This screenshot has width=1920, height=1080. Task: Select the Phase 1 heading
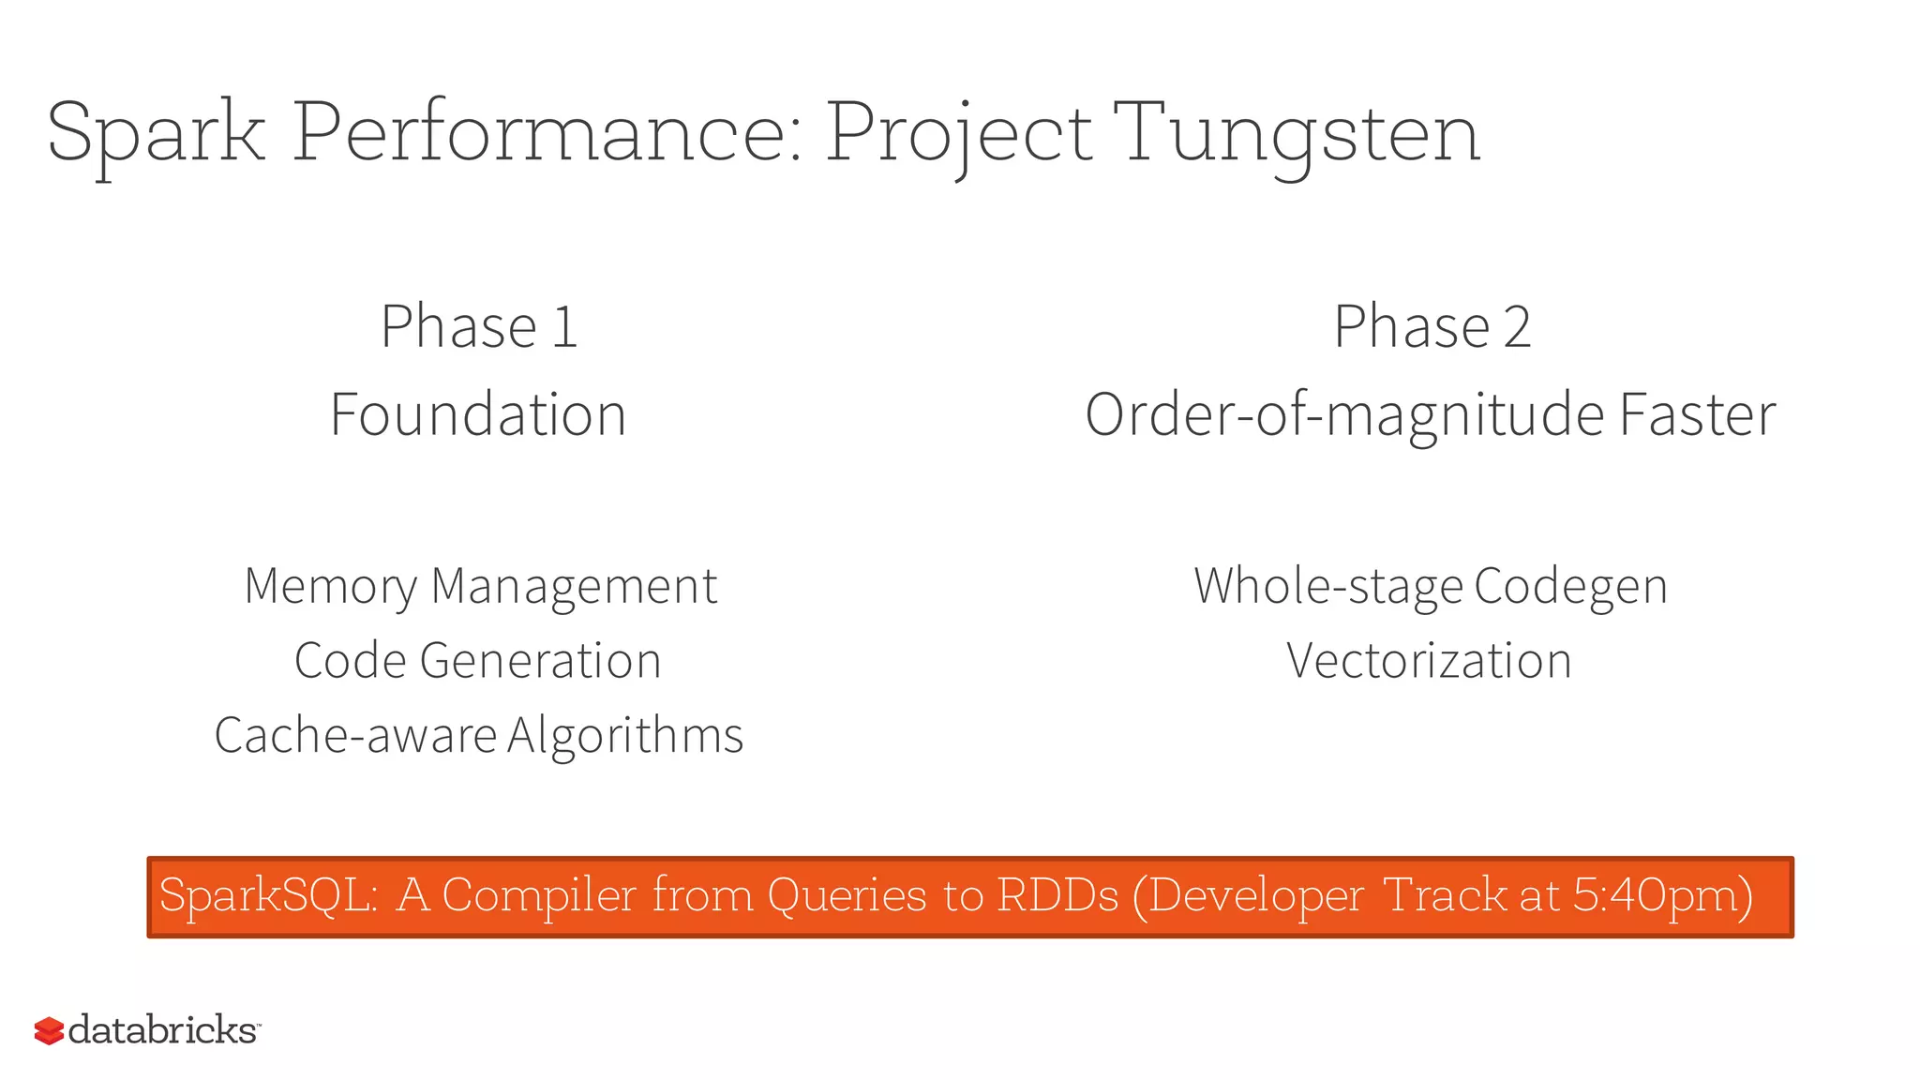point(479,326)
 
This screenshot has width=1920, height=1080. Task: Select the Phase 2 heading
point(1432,326)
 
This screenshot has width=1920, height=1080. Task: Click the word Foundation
point(478,414)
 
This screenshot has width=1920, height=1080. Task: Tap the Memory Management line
point(480,587)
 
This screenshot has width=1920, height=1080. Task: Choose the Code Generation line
point(478,661)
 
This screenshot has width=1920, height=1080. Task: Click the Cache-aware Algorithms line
point(478,735)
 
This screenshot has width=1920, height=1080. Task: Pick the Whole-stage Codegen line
point(1431,587)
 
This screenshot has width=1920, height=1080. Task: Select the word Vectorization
point(1429,661)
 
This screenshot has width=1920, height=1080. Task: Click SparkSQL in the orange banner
point(268,894)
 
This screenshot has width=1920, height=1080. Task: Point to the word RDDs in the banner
point(1057,894)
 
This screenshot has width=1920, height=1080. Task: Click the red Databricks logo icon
point(49,1030)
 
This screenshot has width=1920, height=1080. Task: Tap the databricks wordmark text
point(163,1029)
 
